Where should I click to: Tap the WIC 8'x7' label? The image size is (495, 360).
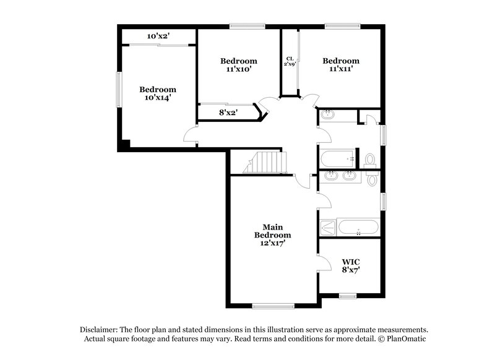[x=350, y=265]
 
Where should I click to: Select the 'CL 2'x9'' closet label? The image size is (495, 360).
[x=290, y=61]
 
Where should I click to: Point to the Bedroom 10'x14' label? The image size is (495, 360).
[x=157, y=93]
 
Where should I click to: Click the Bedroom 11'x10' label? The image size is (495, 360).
[x=239, y=65]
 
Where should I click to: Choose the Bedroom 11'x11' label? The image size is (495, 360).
[x=340, y=65]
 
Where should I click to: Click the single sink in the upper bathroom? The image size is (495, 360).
[x=327, y=114]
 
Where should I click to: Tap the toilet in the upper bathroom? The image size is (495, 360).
[x=371, y=160]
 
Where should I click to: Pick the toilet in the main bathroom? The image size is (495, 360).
[x=371, y=179]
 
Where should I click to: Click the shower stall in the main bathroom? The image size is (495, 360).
[x=328, y=228]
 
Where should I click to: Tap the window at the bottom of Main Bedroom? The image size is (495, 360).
[x=273, y=305]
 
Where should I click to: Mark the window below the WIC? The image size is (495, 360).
[x=348, y=296]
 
